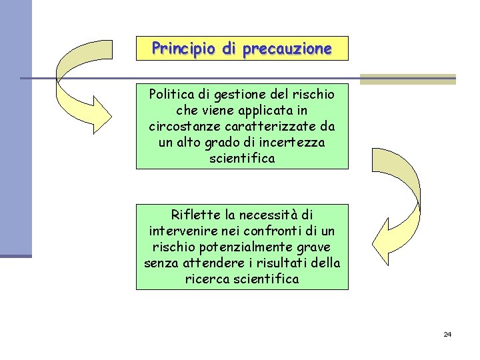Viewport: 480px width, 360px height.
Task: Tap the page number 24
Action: coord(447,334)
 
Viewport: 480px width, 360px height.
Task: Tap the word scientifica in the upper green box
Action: coord(242,159)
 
